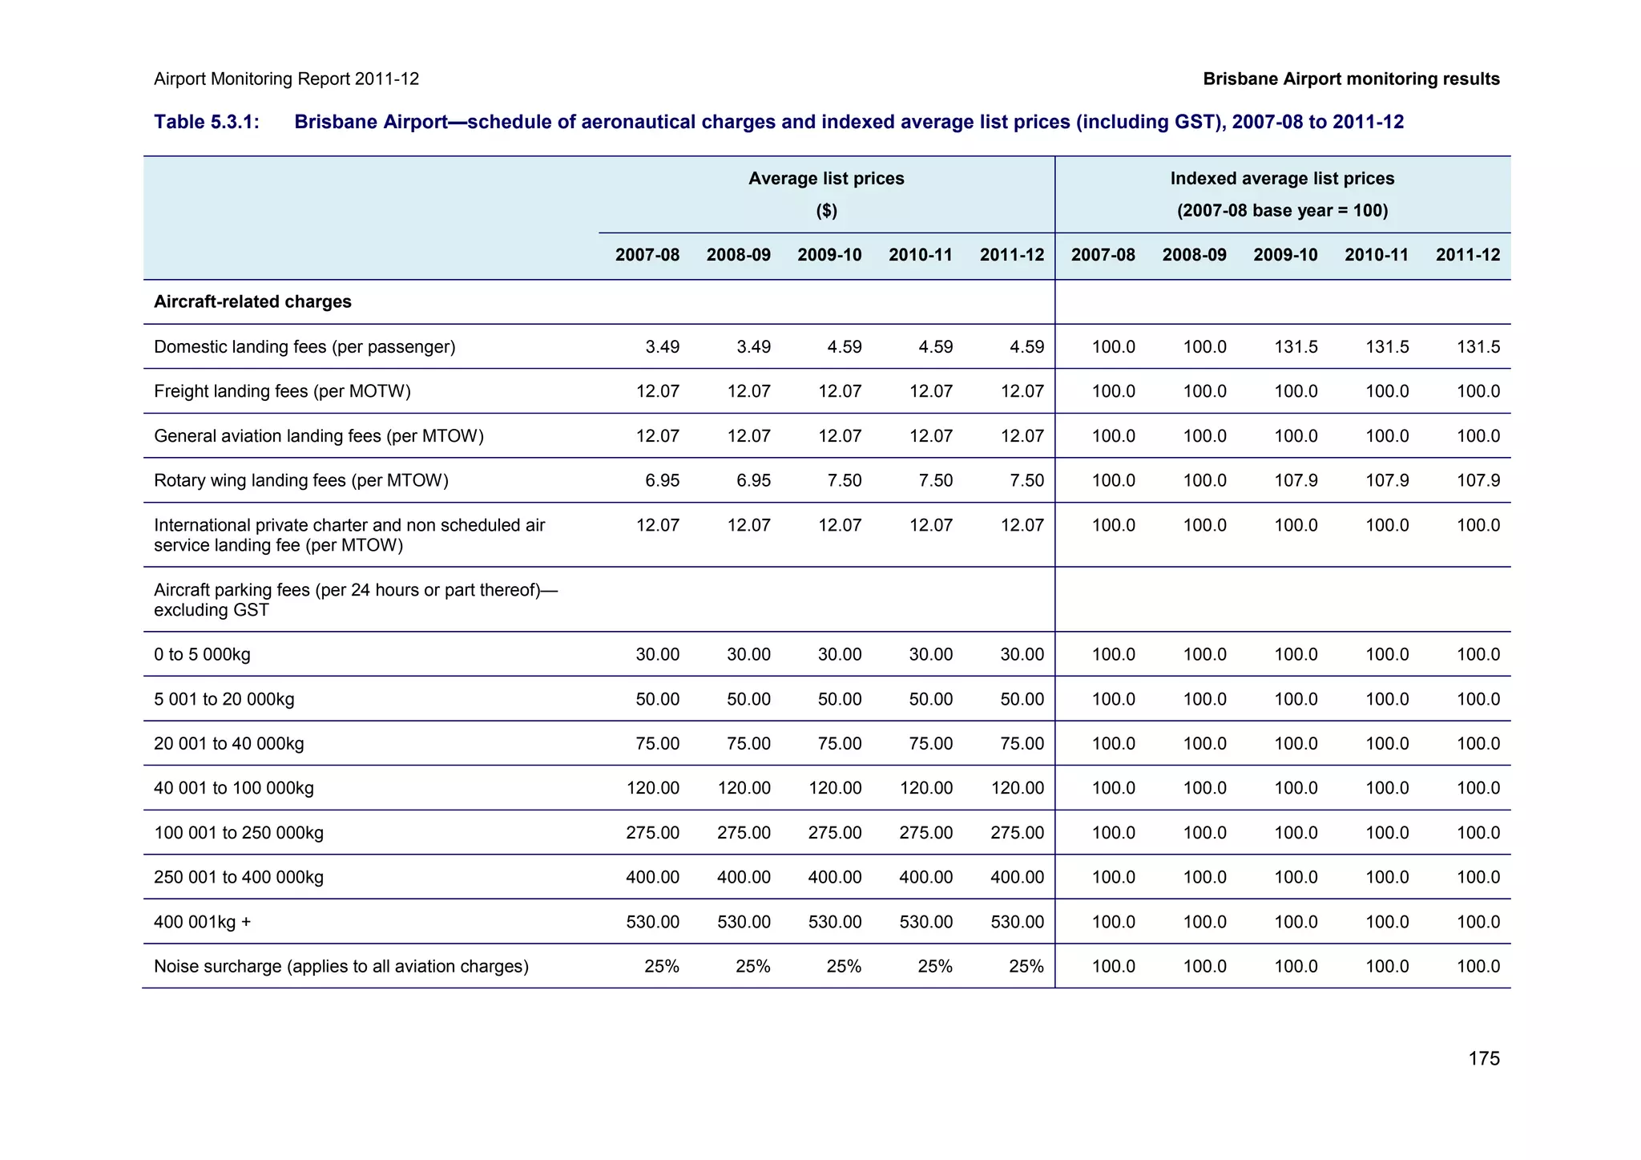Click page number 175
click(x=1483, y=1058)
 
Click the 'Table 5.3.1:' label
click(x=206, y=122)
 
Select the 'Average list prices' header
click(x=826, y=178)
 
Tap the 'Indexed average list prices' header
click(x=1282, y=178)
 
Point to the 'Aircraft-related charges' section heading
click(x=252, y=301)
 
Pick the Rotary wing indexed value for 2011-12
click(x=1478, y=480)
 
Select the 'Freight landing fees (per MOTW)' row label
click(x=282, y=391)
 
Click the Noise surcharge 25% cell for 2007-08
click(x=662, y=966)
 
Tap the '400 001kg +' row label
click(x=202, y=922)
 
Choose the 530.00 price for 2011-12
click(x=1017, y=922)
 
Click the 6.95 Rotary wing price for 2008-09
click(x=753, y=480)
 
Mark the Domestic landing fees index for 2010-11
click(x=1387, y=347)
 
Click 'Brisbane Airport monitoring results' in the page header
click(x=1351, y=79)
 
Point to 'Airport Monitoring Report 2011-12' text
click(x=286, y=79)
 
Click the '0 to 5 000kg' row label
click(x=202, y=654)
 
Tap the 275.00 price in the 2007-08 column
click(x=652, y=832)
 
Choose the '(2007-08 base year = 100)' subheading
click(x=1282, y=210)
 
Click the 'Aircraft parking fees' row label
click(x=355, y=599)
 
